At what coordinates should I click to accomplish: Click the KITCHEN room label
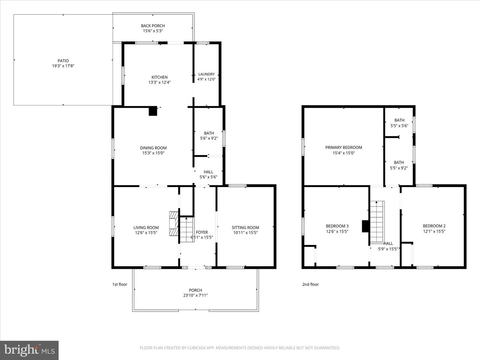click(159, 77)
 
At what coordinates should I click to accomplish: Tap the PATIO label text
click(63, 61)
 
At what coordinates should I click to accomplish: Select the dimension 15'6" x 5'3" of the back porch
click(153, 31)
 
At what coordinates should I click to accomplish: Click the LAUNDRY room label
click(206, 74)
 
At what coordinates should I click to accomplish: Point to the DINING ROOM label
click(153, 148)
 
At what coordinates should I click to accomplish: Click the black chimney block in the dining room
click(153, 111)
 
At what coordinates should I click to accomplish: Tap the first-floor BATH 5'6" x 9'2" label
click(209, 136)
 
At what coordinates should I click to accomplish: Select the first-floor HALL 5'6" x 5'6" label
click(208, 175)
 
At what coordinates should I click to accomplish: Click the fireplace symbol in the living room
click(174, 224)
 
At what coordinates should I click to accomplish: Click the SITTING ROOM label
click(245, 228)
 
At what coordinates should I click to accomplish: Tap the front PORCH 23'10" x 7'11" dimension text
click(195, 295)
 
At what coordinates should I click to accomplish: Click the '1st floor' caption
click(120, 284)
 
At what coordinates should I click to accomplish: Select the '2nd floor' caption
click(310, 284)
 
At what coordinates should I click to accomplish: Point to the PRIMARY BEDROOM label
click(343, 147)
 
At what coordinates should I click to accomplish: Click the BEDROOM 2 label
click(434, 226)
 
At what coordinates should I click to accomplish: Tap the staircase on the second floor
click(377, 222)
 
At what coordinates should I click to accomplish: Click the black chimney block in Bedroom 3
click(365, 226)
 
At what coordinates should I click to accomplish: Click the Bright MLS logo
click(29, 350)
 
